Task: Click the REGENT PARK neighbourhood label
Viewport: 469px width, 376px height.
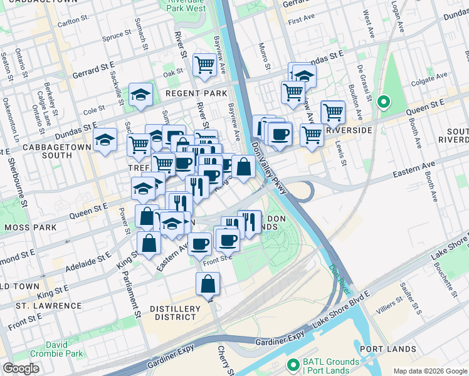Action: click(196, 93)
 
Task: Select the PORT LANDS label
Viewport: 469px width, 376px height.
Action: click(388, 349)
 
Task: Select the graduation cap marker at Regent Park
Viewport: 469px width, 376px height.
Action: click(140, 95)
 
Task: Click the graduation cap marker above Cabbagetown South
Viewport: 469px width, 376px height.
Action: click(105, 140)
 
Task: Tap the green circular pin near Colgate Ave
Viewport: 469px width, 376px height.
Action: click(383, 101)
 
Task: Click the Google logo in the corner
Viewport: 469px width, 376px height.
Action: click(21, 368)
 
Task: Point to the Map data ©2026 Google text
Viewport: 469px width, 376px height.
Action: click(429, 371)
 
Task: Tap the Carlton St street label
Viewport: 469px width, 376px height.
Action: click(70, 23)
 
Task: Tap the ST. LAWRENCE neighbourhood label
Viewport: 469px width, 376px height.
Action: click(49, 306)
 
